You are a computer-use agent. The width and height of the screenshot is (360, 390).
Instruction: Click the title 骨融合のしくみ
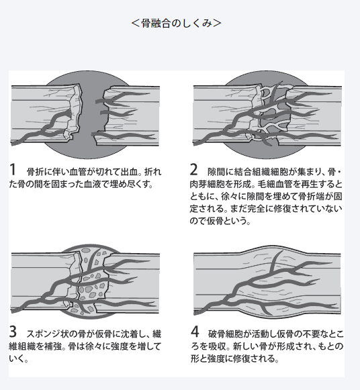coord(177,23)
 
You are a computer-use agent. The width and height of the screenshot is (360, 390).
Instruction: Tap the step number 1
coord(13,170)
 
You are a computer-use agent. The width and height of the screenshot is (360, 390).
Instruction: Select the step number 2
coord(194,170)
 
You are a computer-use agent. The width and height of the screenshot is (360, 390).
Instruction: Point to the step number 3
coord(13,332)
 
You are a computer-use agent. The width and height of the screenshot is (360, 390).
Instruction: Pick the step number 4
coord(195,332)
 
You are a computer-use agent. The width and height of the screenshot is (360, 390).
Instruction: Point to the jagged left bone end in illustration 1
coord(75,112)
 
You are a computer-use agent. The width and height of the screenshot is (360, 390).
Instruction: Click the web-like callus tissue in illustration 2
coord(273,112)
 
